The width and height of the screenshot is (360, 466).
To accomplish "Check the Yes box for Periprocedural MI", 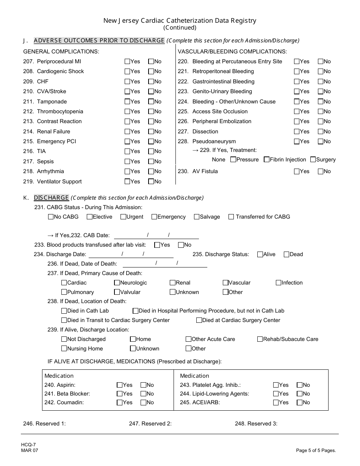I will (127, 61).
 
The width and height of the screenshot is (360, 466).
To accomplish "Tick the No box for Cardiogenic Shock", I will (151, 71).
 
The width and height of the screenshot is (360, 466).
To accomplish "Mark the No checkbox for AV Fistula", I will (320, 171).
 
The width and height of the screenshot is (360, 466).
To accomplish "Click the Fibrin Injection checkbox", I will (267, 160).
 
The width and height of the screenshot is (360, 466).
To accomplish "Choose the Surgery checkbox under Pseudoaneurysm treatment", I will (313, 160).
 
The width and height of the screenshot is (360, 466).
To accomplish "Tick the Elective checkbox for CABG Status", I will (89, 217).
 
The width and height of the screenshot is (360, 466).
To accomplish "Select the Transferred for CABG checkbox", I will (231, 217).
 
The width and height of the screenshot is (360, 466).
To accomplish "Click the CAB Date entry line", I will (156, 235).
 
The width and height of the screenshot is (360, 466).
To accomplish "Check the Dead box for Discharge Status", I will (286, 254).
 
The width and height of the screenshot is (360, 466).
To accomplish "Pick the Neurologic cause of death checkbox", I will (117, 283).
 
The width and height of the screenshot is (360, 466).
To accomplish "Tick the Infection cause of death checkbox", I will (279, 283).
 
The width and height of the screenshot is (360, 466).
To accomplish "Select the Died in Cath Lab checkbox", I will (64, 311).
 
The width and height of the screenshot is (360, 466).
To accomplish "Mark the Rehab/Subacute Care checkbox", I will (260, 339).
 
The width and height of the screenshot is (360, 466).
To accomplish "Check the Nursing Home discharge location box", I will (64, 349).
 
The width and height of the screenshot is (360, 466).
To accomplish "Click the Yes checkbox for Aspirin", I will (120, 385).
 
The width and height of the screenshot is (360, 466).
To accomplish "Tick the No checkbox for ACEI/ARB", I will (299, 402).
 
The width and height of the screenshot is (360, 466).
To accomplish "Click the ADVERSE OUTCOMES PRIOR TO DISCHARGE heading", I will (99, 41).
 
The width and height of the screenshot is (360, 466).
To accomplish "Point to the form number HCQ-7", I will (29, 445).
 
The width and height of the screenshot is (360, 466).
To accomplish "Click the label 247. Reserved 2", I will (150, 424).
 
